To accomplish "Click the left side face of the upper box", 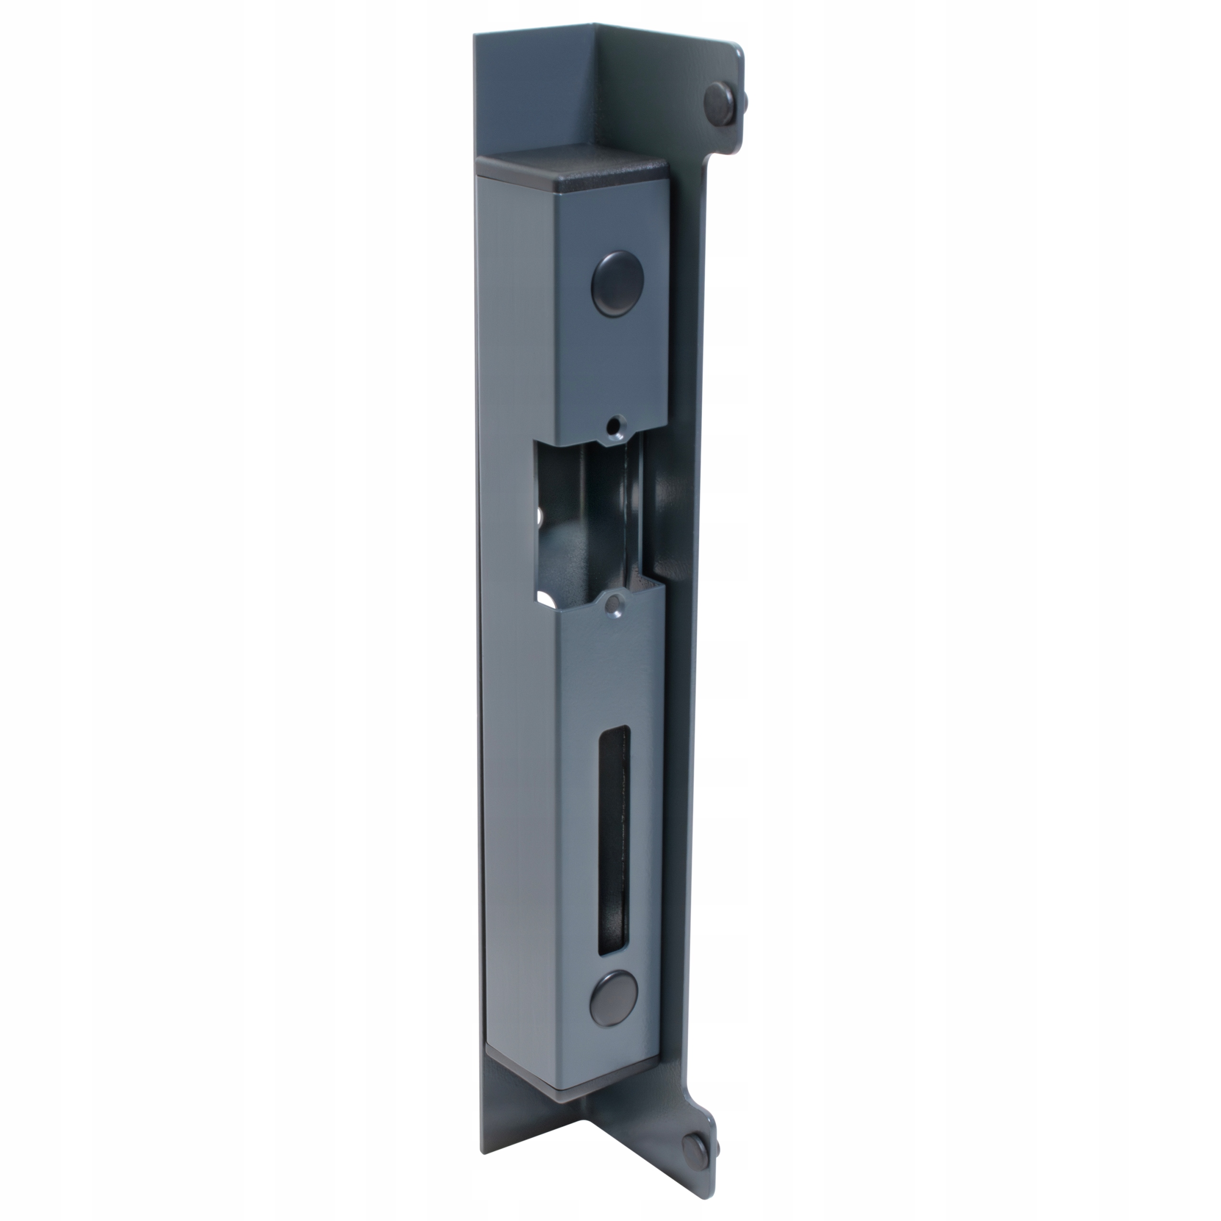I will tap(513, 303).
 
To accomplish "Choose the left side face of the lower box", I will tap(518, 822).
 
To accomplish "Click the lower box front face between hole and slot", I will tap(613, 670).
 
